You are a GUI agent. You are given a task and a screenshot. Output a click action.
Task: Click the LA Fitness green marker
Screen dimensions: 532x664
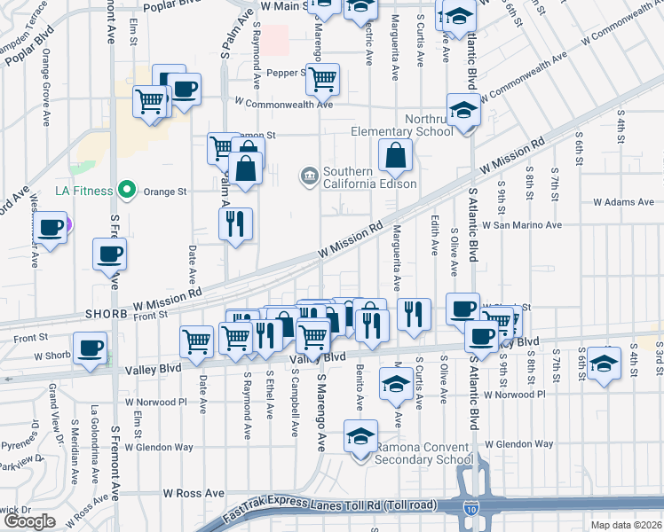click(x=126, y=190)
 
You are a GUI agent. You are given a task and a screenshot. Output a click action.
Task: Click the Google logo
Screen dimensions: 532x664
click(x=29, y=521)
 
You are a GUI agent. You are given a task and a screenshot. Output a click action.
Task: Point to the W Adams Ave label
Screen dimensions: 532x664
click(x=623, y=202)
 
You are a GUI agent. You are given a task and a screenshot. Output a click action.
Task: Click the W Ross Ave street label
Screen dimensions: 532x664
click(x=194, y=492)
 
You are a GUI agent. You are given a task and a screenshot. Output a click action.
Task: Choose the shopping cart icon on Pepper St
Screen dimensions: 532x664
click(x=322, y=79)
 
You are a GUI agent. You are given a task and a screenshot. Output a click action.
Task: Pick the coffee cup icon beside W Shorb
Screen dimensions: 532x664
click(x=90, y=348)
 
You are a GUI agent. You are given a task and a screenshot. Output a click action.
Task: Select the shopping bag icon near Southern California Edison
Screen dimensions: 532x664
click(x=395, y=156)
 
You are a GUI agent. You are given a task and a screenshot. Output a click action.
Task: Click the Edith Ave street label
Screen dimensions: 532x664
click(x=434, y=234)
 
